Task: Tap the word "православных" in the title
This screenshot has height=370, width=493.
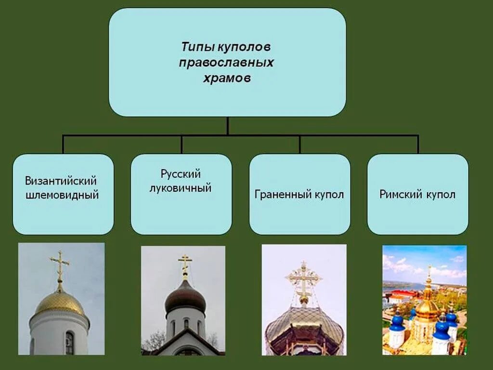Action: [x=227, y=63]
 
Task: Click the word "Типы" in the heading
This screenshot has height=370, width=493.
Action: [x=198, y=48]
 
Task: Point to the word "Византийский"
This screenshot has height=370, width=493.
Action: [x=61, y=181]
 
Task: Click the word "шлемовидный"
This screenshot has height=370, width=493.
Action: [x=62, y=195]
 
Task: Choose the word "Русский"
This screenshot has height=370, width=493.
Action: [x=181, y=174]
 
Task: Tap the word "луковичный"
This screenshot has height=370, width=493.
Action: [x=181, y=188]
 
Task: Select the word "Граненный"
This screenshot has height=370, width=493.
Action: [x=278, y=195]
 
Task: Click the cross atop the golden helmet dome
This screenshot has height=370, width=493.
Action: [x=60, y=265]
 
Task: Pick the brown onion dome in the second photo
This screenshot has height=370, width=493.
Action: [x=185, y=296]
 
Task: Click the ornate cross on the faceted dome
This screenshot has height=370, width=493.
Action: [x=303, y=280]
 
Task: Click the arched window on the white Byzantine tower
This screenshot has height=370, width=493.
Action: [x=69, y=343]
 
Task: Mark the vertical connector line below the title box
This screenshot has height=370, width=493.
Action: [x=227, y=126]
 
